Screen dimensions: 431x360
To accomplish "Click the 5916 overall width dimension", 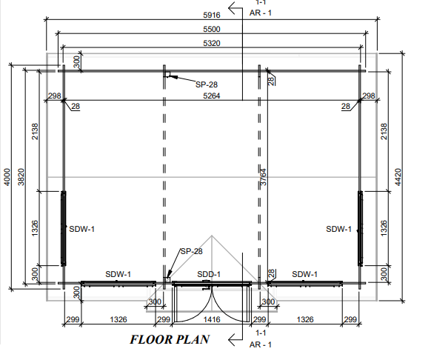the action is click(212, 15).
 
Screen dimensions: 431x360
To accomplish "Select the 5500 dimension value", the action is click(212, 29).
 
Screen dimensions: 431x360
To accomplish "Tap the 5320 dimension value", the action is click(212, 44).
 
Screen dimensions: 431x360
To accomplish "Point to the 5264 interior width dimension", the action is click(212, 96).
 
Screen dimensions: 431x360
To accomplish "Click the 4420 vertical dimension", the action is click(398, 177).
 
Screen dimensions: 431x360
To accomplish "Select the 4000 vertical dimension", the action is click(7, 177).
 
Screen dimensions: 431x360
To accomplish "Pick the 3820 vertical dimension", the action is click(21, 177).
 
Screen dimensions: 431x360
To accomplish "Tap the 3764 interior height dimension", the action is click(263, 177).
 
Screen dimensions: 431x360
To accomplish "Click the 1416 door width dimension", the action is click(212, 319).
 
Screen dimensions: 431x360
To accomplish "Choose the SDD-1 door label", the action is click(209, 274).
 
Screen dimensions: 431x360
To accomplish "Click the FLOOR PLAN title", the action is click(170, 340).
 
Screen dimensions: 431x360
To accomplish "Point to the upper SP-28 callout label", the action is click(207, 84).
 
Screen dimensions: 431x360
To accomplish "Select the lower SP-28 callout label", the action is click(192, 251).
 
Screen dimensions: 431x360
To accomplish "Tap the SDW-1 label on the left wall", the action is click(82, 229).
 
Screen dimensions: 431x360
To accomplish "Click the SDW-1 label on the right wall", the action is click(338, 229).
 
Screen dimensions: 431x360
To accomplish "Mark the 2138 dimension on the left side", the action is click(36, 131).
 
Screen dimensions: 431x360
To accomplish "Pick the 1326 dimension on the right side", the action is click(384, 228).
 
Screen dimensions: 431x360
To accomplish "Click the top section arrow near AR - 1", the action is click(235, 8).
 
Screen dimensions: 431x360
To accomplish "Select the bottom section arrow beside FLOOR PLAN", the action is click(235, 340).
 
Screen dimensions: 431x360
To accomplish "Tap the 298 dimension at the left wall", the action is click(54, 96).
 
